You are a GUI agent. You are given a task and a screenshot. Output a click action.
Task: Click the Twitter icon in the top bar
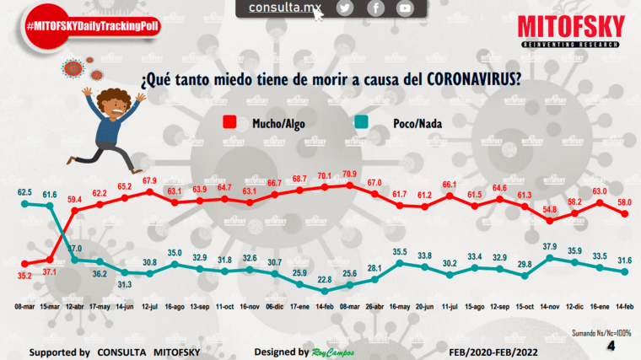pos(344,8)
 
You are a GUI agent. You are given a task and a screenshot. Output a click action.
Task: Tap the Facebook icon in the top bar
pos(375,8)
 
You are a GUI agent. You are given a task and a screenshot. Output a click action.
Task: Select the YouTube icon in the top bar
pos(406,8)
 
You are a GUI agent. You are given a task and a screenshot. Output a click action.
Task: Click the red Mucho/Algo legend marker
pos(230,123)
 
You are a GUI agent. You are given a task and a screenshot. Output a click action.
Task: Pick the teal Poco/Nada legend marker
pos(360,123)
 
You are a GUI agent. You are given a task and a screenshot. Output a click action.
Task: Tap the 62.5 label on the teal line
pos(24,192)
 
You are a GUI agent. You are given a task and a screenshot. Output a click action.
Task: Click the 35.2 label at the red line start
pos(24,274)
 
